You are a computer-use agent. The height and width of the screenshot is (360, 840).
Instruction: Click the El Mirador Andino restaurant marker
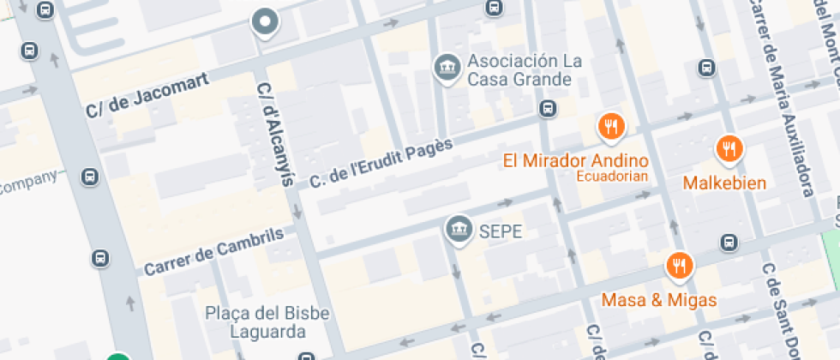610,128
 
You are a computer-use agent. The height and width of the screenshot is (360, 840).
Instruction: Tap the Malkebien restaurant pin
729,150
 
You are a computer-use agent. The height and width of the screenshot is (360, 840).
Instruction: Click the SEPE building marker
459,229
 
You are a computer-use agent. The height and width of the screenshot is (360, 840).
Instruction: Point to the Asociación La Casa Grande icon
446,66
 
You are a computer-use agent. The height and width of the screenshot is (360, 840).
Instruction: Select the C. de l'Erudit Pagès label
381,163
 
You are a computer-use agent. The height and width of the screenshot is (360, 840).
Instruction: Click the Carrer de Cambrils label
213,250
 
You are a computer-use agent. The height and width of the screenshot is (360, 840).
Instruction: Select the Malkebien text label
724,183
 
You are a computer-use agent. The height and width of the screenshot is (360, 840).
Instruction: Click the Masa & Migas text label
659,301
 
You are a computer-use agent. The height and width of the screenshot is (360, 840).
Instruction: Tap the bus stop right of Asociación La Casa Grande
547,109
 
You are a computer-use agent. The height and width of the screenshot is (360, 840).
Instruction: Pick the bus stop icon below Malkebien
729,243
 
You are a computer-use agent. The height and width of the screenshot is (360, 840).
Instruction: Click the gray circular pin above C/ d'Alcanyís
266,22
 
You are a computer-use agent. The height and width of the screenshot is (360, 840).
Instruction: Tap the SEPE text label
501,231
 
